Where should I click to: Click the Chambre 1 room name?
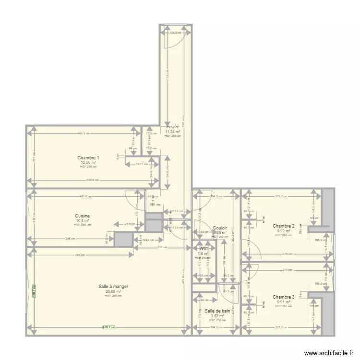[x=88, y=158]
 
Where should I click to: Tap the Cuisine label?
[x=82, y=216]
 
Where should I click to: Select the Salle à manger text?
[x=113, y=287]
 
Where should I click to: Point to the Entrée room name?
[x=172, y=127]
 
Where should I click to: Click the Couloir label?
[x=220, y=228]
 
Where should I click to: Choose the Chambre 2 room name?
[x=283, y=226]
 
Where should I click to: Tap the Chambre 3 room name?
[x=283, y=297]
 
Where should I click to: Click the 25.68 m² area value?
[x=113, y=291]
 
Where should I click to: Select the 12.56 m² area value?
[x=88, y=162]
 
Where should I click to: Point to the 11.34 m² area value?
[x=173, y=132]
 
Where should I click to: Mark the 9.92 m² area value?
[x=283, y=230]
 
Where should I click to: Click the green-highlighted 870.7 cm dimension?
[x=109, y=327]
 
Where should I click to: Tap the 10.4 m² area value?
[x=82, y=220]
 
